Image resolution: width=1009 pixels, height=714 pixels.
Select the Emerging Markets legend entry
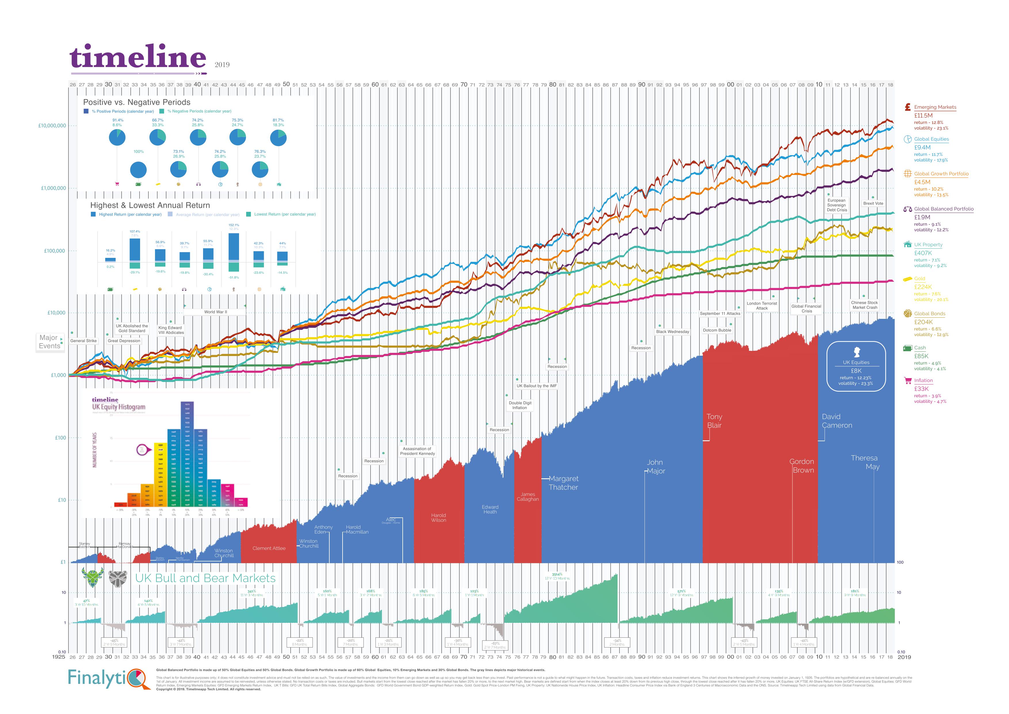935,107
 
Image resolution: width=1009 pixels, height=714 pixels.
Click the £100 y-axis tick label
60,438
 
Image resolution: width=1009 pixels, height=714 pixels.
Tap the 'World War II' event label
215,312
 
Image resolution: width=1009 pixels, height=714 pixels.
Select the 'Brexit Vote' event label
873,203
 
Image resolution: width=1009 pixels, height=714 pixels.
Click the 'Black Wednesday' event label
672,332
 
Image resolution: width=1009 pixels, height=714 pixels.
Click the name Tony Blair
714,421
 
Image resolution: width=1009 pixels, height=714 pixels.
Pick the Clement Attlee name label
269,548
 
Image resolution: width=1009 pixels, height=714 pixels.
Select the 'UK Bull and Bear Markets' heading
205,578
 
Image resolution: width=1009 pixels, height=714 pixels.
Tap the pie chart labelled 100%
138,170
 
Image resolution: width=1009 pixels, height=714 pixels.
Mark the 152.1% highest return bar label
234,225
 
